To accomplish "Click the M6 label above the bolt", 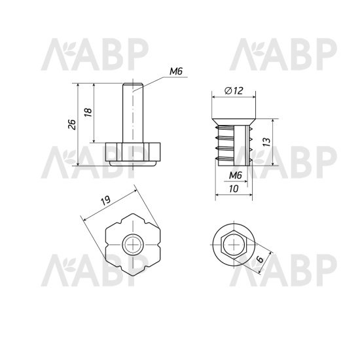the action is (x=176, y=71).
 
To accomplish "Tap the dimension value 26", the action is (x=73, y=124).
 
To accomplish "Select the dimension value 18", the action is (x=88, y=112).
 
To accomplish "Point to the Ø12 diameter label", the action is (x=234, y=91).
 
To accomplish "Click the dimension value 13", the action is (x=266, y=142).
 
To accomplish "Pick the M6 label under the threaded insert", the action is (x=236, y=176).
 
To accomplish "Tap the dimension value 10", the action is (x=234, y=189).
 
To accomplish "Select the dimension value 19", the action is (x=106, y=200).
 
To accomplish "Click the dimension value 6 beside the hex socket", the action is (x=260, y=259).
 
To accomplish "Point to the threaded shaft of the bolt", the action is (x=133, y=113).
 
